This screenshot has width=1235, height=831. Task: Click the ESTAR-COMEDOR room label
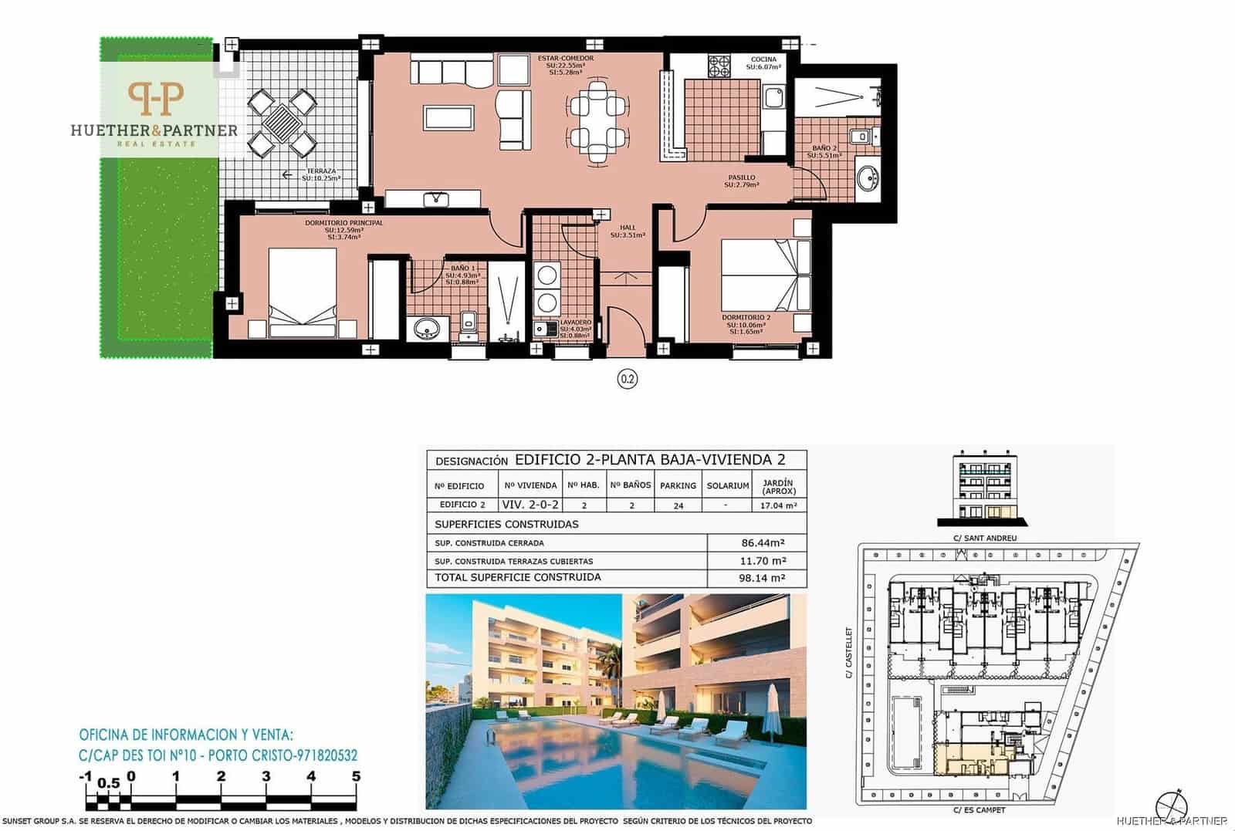[x=565, y=59]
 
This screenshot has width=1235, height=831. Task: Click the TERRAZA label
[x=321, y=171]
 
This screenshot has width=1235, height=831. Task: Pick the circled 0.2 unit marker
[x=627, y=379]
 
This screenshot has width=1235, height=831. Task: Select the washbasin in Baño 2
[x=869, y=179]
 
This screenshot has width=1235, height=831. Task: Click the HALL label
[x=627, y=228]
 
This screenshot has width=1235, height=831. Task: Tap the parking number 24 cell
[x=678, y=505]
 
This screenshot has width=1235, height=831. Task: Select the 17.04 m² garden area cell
[x=777, y=505]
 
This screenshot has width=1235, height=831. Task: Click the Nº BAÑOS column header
[x=630, y=485]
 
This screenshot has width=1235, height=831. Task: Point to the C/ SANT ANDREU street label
[x=985, y=538]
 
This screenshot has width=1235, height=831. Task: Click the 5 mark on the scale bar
[x=356, y=776]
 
